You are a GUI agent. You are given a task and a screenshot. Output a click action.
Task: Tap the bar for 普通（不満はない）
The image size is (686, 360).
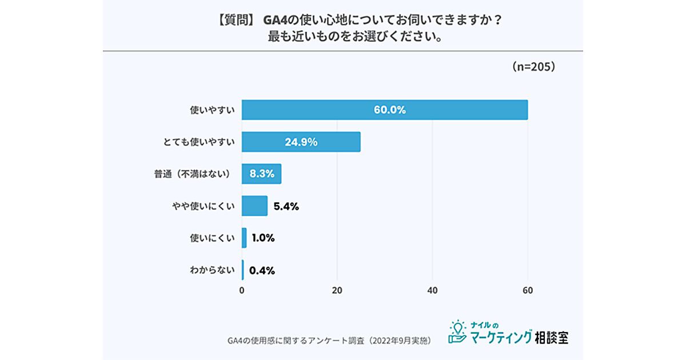click(261, 174)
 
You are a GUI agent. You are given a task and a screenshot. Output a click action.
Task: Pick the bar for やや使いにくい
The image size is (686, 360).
click(254, 206)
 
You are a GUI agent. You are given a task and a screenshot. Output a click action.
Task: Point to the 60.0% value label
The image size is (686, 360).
click(390, 110)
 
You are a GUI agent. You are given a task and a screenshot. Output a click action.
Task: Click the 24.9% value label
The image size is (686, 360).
click(301, 142)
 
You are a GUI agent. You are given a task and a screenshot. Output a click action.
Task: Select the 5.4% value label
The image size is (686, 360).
click(286, 206)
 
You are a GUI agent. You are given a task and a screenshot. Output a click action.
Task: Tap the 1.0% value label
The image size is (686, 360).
click(263, 238)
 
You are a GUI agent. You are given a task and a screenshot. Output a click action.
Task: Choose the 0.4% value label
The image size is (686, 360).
click(262, 270)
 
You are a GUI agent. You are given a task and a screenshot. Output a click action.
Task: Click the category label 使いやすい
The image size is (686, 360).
click(212, 110)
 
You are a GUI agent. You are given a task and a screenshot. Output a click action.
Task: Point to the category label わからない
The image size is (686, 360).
click(212, 270)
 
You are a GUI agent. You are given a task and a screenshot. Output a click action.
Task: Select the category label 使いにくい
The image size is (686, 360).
click(212, 238)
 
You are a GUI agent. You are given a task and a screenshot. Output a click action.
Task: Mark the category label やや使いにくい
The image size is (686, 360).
click(205, 206)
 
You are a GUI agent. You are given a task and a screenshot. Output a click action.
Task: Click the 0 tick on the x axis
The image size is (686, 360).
click(242, 290)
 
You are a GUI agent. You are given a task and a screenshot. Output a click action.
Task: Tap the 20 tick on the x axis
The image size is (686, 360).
click(337, 290)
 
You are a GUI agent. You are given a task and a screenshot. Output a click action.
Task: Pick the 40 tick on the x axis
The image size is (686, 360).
click(433, 290)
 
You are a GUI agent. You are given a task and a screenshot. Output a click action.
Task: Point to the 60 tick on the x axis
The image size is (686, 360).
click(528, 290)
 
